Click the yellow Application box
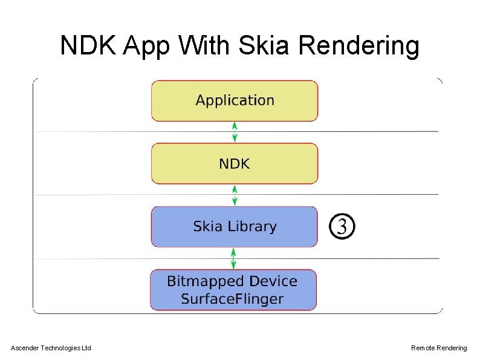[x=235, y=101]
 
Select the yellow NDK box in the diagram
[x=235, y=163]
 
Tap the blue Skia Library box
[x=234, y=227]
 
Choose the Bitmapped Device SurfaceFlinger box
[x=233, y=290]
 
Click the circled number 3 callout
[x=342, y=227]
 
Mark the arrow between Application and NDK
[x=235, y=132]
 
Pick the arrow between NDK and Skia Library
[x=235, y=195]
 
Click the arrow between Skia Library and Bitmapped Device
[x=234, y=258]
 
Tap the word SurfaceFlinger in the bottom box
[x=232, y=298]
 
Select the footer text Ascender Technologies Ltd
[x=51, y=348]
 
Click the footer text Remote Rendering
[x=439, y=348]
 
